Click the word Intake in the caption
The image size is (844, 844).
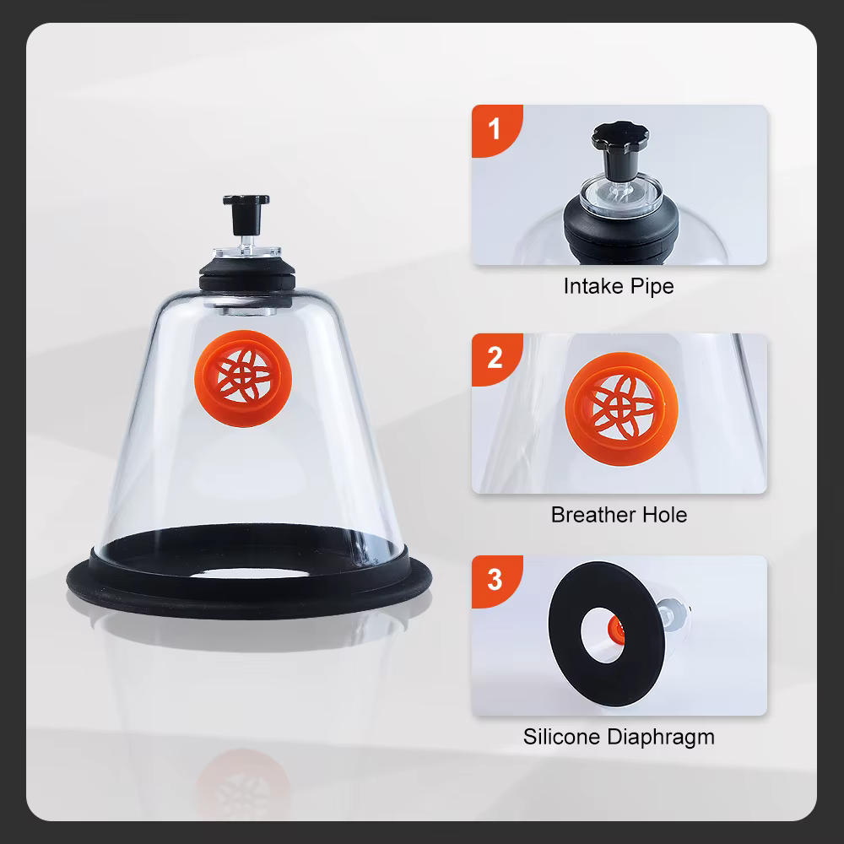tap(590, 286)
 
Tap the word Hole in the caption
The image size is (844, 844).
tap(665, 515)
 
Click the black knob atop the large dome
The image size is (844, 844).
tap(246, 214)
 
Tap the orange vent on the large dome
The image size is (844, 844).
tap(243, 378)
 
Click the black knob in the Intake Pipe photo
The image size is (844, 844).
tap(620, 149)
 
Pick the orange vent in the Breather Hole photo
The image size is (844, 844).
tap(622, 409)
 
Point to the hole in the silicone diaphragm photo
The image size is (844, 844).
tap(603, 636)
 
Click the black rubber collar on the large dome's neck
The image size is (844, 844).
tap(247, 277)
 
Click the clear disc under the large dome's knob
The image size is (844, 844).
tap(247, 251)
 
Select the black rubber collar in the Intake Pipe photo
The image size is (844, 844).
tap(621, 230)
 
